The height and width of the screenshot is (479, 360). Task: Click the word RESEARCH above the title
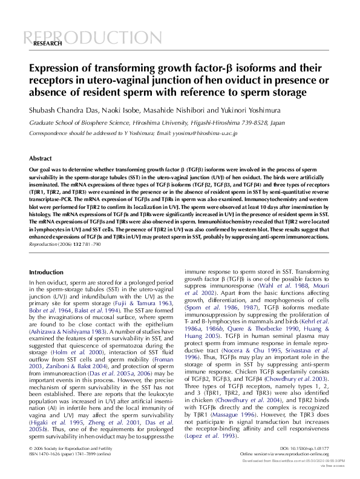(47, 44)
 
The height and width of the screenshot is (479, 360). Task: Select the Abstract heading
(41, 157)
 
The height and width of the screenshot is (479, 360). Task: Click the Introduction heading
(46, 273)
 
